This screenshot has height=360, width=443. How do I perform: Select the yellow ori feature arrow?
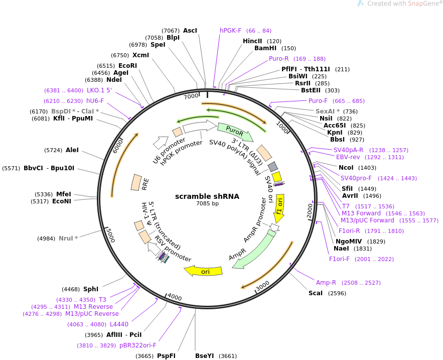tap(203, 271)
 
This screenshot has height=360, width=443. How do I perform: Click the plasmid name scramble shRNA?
tap(207, 196)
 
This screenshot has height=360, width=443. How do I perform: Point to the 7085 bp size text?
tap(207, 203)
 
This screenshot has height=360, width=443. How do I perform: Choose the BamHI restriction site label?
tap(265, 48)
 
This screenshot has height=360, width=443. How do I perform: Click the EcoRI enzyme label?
tap(128, 66)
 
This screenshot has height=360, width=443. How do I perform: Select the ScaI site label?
tap(315, 293)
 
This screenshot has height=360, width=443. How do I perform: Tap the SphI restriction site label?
tap(91, 289)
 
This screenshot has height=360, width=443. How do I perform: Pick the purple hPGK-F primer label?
tap(231, 31)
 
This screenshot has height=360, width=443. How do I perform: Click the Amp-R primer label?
tap(326, 283)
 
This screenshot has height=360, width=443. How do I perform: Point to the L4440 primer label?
tap(119, 324)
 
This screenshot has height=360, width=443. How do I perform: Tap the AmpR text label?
tap(237, 255)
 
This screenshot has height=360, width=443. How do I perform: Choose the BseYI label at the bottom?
tap(205, 356)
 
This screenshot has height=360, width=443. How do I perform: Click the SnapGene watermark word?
tap(423, 4)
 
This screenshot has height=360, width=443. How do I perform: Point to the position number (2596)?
tap(337, 293)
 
